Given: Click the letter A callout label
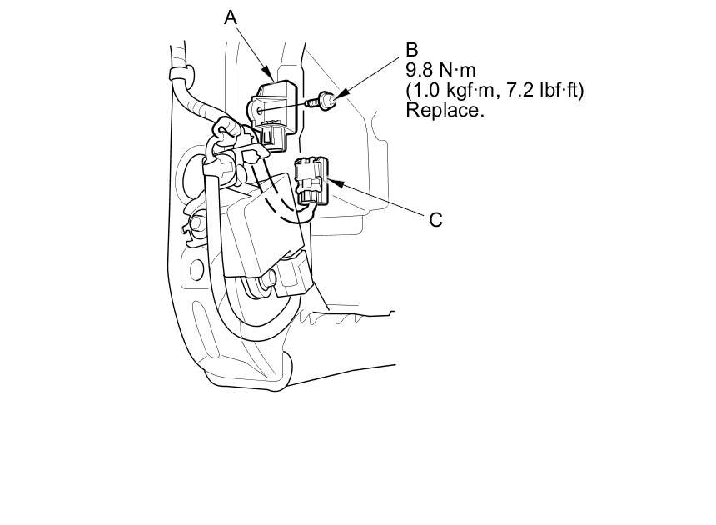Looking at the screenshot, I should [231, 16].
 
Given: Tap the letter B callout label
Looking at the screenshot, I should [412, 51].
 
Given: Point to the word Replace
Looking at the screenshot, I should [445, 109].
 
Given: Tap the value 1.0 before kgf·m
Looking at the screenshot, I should [425, 89].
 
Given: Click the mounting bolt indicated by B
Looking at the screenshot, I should [326, 102].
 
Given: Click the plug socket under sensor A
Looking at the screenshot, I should [272, 134].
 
